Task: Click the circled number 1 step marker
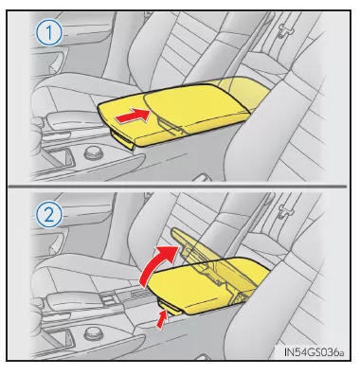point(49,33)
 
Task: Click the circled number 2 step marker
point(49,216)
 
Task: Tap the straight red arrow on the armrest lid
point(133,116)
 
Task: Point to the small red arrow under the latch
point(162,320)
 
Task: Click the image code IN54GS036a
point(313,352)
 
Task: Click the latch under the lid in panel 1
point(121,137)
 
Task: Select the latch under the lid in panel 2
point(170,307)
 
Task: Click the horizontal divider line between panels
point(178,187)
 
